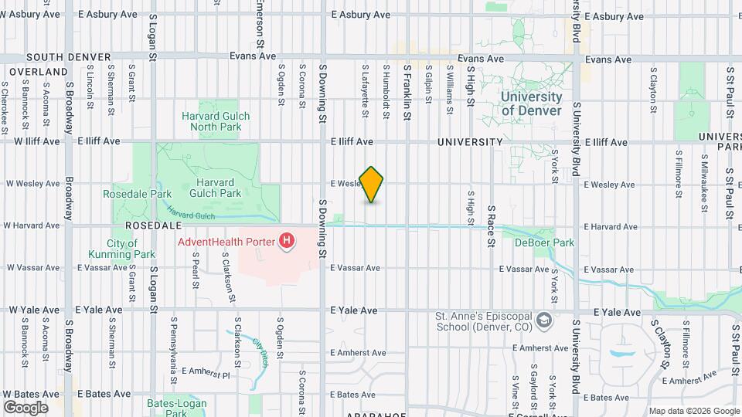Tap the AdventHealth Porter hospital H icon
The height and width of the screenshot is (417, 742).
pos(287,242)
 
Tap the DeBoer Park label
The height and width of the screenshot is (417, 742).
pos(544,242)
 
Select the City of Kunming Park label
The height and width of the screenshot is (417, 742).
pos(131,249)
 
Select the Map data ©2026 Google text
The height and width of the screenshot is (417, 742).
pos(693,411)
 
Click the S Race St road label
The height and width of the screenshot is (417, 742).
pos(490,226)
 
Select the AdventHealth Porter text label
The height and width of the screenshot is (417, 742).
pos(226,242)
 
